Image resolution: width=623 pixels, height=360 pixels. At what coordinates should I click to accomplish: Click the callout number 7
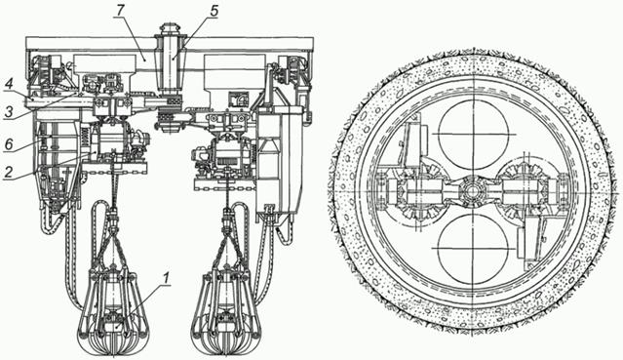(119, 11)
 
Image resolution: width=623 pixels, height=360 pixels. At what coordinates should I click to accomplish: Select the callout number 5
(214, 11)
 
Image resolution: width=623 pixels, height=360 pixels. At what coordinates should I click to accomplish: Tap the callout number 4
(9, 85)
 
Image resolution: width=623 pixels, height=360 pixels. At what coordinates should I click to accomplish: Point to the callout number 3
(9, 112)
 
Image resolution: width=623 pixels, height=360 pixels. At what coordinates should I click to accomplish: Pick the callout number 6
(9, 145)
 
